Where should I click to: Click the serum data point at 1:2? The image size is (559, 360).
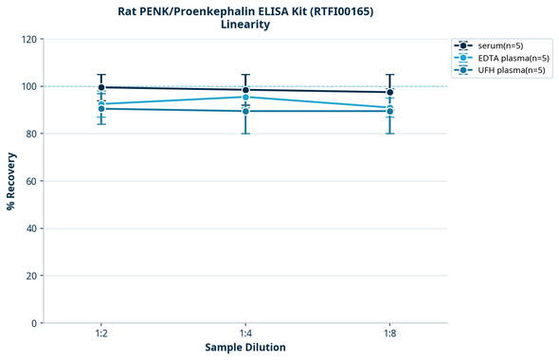(101, 87)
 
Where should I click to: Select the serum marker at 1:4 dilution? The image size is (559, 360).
(245, 90)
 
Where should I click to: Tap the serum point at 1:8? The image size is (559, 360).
(389, 93)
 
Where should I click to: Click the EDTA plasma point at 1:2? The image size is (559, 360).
(101, 103)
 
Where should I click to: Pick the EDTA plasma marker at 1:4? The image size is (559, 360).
(245, 97)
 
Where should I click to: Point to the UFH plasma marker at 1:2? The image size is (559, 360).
(101, 109)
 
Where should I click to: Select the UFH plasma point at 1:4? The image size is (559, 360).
(245, 111)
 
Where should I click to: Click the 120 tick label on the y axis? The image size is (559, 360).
(28, 39)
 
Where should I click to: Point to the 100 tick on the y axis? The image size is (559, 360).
(28, 86)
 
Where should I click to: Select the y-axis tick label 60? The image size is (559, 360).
(31, 181)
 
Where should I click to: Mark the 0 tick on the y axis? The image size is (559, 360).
(34, 323)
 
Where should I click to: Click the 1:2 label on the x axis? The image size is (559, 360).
(101, 333)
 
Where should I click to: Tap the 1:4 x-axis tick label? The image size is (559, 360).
(245, 333)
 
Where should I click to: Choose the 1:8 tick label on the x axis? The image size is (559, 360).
(389, 333)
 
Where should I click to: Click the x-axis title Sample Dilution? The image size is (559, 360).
(245, 348)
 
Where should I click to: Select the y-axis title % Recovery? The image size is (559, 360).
(11, 180)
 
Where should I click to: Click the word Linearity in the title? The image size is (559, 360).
(245, 25)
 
